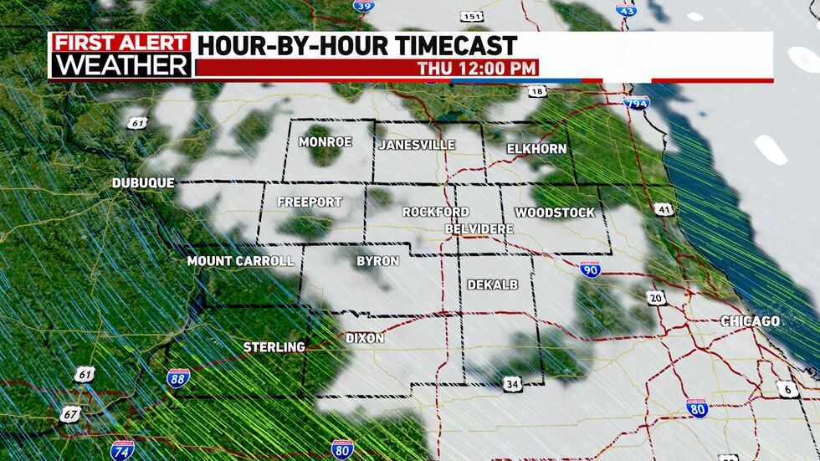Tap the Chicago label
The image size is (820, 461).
[x=751, y=321]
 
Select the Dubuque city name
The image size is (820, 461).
[x=143, y=182]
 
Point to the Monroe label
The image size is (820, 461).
[x=325, y=142]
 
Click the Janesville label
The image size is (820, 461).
[x=417, y=145]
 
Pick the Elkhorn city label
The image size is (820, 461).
[x=536, y=149]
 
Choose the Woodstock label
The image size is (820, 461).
[x=555, y=213]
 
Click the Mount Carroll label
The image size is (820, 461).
[x=240, y=261]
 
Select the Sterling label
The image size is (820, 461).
[x=274, y=346]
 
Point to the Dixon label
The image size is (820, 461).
[x=365, y=338]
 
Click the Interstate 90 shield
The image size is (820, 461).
[x=590, y=269]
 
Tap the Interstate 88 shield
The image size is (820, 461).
[x=177, y=378]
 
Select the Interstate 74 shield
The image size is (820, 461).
[x=121, y=449]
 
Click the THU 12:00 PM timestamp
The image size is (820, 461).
[x=477, y=69]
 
